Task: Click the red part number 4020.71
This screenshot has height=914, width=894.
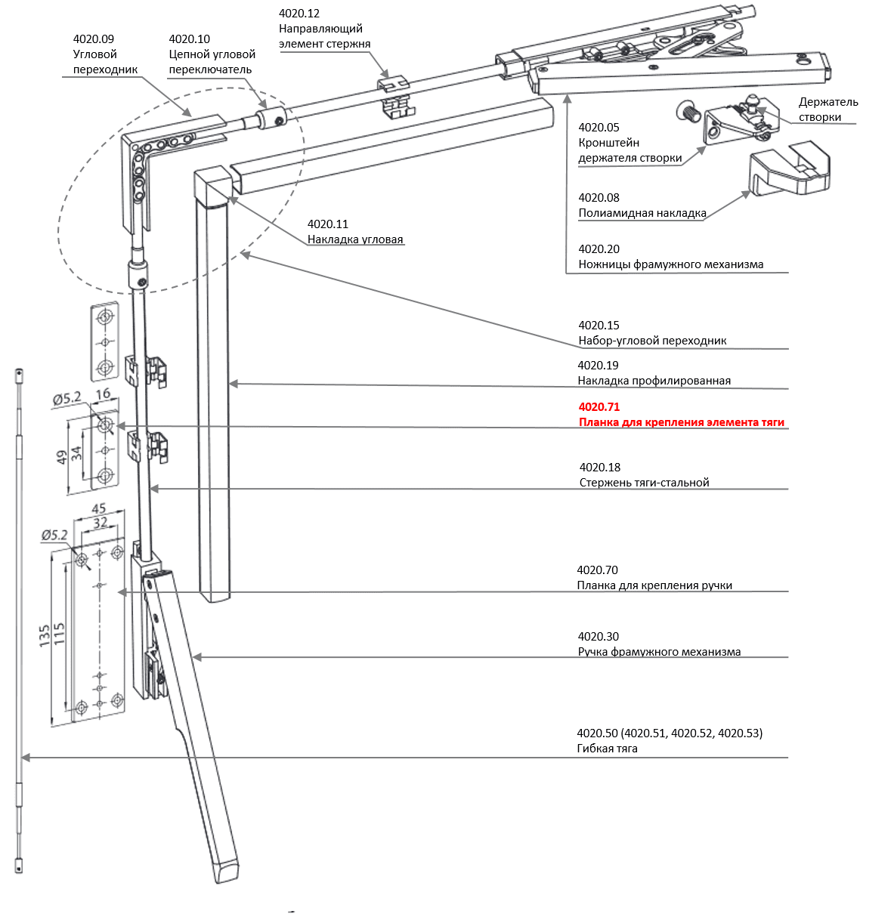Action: point(599,406)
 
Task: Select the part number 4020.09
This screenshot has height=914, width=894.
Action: point(94,39)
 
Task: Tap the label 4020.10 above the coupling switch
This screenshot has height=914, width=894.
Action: point(189,39)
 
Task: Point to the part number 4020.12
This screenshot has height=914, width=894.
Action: point(299,14)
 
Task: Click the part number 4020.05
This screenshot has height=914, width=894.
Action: point(599,128)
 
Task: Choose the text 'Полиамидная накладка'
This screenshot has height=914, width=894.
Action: point(642,213)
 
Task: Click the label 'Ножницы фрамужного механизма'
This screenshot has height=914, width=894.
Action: point(670,264)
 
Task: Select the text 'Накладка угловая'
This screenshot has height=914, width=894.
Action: point(355,239)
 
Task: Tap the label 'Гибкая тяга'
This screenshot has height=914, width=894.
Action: point(607,749)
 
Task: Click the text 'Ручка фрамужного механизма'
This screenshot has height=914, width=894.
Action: point(659,652)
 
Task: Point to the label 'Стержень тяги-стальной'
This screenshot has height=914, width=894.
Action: point(644,483)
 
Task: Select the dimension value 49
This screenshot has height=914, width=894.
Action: point(62,457)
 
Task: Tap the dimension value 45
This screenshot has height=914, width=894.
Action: point(98,509)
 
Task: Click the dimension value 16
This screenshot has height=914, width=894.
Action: point(104,394)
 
